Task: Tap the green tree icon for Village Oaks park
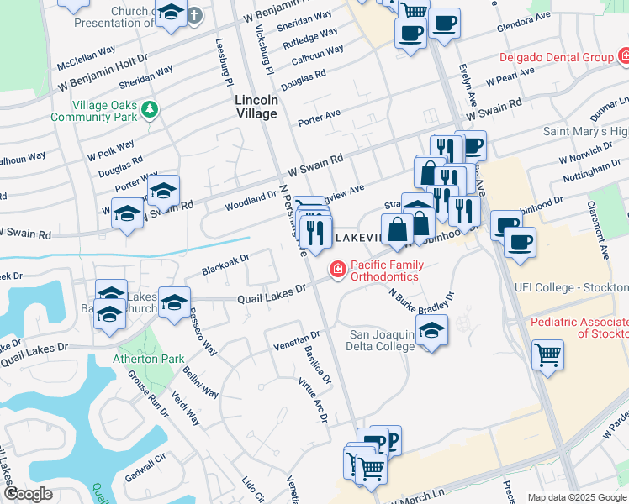click(150, 109)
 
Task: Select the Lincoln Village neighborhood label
click(256, 106)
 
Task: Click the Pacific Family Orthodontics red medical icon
click(337, 270)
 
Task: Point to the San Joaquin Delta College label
click(382, 340)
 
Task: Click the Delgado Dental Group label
click(556, 57)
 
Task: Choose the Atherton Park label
click(149, 359)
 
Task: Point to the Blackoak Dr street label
click(225, 265)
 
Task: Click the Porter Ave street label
click(319, 116)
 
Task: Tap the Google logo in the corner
click(29, 494)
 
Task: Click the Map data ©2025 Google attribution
click(576, 497)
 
